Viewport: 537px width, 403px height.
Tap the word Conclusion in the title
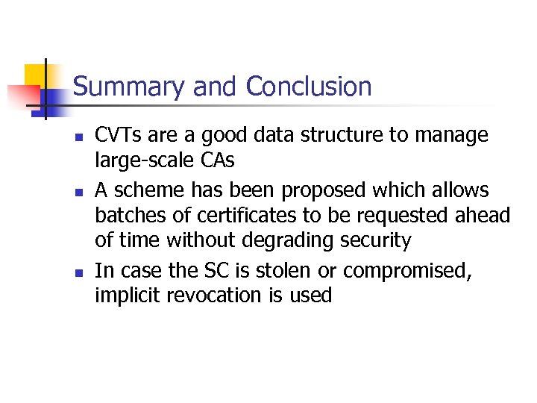(x=308, y=87)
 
